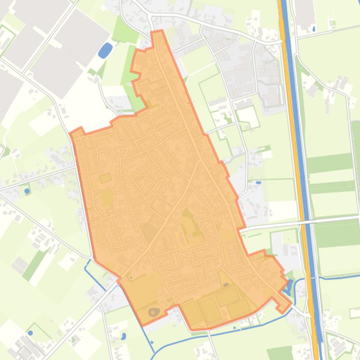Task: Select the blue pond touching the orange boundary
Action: click(288, 285)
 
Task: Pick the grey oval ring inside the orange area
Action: click(154, 312)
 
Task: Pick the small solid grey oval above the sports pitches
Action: click(226, 284)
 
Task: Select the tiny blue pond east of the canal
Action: click(313, 29)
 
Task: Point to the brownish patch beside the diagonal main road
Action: click(149, 232)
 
